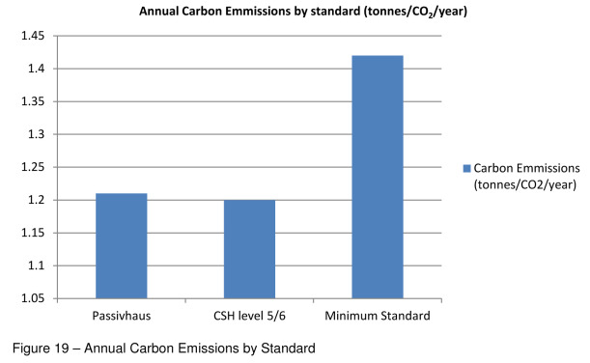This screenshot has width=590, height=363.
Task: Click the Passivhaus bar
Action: (x=121, y=246)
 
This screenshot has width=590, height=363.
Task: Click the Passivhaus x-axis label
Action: (x=121, y=315)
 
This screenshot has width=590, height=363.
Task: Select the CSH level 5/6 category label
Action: (x=249, y=315)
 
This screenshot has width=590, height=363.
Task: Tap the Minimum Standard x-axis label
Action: (x=378, y=315)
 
